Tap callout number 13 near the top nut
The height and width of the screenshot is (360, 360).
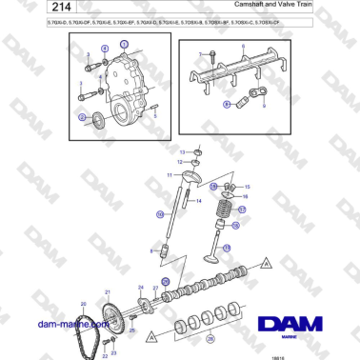tap(183, 151)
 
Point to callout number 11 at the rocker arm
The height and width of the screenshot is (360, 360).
tap(172, 176)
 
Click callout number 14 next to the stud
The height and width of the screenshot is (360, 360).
tap(201, 201)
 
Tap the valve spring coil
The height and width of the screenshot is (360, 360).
tap(228, 207)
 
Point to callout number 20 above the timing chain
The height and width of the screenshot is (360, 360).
tap(83, 303)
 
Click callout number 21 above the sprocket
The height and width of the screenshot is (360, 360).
tap(108, 291)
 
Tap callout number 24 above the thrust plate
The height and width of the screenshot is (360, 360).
tap(141, 288)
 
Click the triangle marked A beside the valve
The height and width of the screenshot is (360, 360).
tap(269, 260)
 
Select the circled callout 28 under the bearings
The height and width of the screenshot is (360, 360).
tap(211, 338)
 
